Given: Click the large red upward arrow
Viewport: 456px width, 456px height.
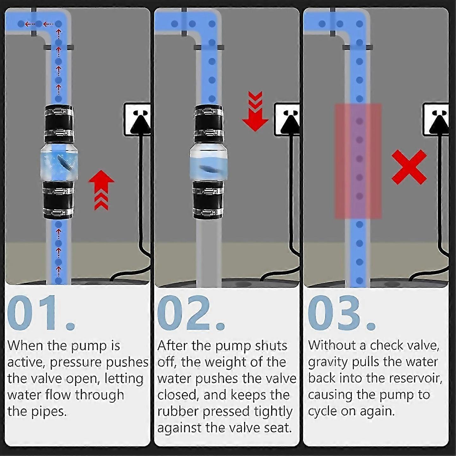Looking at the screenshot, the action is [101, 189].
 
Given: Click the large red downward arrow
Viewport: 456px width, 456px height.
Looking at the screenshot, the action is [255, 111].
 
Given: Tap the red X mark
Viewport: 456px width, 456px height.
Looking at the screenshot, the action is [409, 167].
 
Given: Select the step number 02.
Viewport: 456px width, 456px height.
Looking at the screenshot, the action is [191, 313].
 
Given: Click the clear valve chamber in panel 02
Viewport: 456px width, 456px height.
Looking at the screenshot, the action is [209, 162].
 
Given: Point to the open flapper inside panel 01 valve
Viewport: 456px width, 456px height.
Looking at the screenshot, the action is [65, 161].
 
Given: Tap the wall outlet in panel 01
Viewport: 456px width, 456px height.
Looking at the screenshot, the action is [137, 119].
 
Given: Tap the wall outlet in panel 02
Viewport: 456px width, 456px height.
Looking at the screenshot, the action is [287, 119].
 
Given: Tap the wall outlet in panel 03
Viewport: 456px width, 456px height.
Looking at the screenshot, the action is [436, 119].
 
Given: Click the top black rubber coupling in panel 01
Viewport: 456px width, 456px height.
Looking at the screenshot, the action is [59, 124].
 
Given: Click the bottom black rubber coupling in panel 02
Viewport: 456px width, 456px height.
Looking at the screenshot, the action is [208, 200].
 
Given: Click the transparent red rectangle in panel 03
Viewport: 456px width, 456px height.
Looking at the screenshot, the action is [358, 161].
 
